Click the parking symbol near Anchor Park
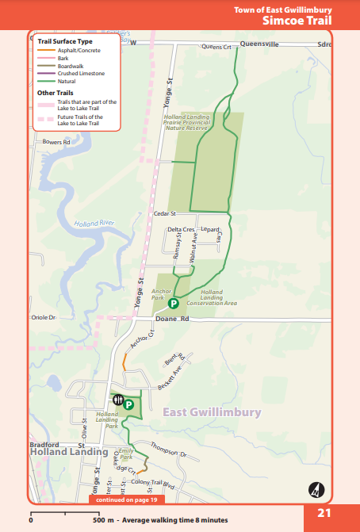point(173,303)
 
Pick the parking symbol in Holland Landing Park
point(128,404)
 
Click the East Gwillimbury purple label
point(211,412)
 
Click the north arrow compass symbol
point(315,488)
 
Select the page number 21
point(324,513)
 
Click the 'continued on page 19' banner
point(125,500)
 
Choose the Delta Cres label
point(181,229)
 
